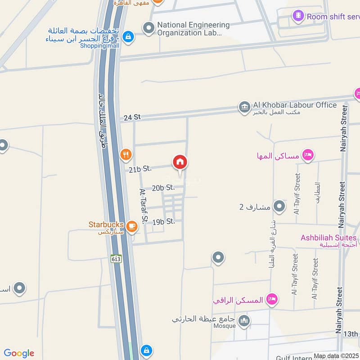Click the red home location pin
[180, 162]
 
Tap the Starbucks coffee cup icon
[132, 226]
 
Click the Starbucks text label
[106, 224]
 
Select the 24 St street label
[132, 117]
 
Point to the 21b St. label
[139, 169]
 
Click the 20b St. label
[163, 188]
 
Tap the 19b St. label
[163, 221]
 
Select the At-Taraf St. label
[144, 206]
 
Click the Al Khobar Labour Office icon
[245, 107]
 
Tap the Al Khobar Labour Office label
[295, 105]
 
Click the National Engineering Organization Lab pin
[148, 28]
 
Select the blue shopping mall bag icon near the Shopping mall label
[128, 36]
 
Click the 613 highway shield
[116, 259]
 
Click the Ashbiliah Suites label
[329, 238]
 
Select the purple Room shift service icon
[298, 17]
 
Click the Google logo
[19, 353]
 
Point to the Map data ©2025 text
[336, 356]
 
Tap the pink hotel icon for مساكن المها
[308, 155]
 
